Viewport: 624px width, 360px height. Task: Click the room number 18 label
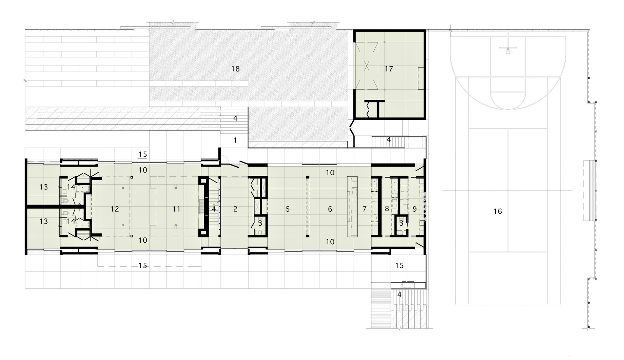[235, 69]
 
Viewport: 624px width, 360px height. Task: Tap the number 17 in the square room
[389, 69]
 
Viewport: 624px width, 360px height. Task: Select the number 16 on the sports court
[498, 211]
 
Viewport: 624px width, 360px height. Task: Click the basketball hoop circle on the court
[508, 52]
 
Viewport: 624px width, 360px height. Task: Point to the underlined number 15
[143, 154]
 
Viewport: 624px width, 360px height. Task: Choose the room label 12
[115, 209]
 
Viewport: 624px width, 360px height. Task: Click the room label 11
[176, 209]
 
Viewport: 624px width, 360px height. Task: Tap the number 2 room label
[235, 209]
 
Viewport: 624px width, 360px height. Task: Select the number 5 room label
[288, 209]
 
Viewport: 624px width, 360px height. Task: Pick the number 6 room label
[330, 209]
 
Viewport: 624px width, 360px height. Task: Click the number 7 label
[365, 209]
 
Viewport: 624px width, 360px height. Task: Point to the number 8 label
[387, 209]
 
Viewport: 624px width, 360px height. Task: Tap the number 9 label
[414, 209]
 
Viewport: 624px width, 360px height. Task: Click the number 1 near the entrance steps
[235, 140]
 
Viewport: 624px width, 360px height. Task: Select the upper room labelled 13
[44, 187]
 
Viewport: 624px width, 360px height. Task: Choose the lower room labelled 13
[44, 221]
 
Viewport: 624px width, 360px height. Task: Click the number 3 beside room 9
[401, 223]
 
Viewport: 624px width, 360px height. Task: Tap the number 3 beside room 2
[260, 223]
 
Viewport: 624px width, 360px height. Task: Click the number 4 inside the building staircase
[214, 209]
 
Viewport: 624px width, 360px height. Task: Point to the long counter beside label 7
[352, 206]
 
